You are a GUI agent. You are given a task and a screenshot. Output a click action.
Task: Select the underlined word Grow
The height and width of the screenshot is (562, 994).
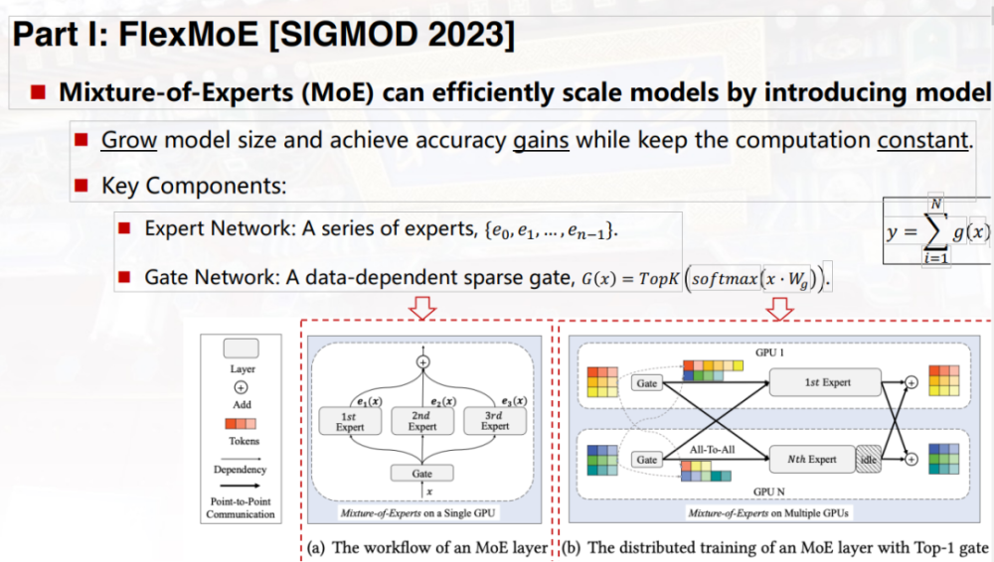click(x=129, y=139)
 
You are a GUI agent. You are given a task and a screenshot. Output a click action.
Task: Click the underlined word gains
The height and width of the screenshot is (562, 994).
click(x=541, y=139)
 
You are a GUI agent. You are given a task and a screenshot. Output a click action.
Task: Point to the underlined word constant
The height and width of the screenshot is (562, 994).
click(x=922, y=139)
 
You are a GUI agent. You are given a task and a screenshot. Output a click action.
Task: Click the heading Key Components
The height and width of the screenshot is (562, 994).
click(x=193, y=186)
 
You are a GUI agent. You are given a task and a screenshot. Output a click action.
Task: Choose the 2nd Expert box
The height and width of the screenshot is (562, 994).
click(x=422, y=420)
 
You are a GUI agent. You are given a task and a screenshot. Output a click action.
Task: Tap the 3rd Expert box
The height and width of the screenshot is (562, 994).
click(x=495, y=420)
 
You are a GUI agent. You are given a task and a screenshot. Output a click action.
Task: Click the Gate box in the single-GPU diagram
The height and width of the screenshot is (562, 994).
click(x=422, y=474)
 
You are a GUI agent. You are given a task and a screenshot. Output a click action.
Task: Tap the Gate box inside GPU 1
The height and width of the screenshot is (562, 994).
click(x=647, y=381)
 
